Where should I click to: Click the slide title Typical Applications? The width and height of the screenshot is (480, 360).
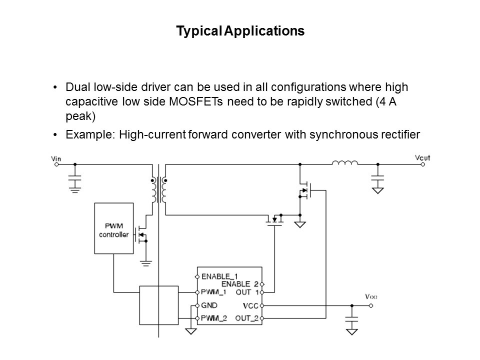[x=240, y=31]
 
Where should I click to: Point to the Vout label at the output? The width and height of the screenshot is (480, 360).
[x=422, y=158]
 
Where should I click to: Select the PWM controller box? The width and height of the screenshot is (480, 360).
[x=114, y=228]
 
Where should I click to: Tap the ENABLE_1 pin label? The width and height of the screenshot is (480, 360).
[x=219, y=276]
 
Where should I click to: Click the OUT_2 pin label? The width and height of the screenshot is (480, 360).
[x=247, y=318]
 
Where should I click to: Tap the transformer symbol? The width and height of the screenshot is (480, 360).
[x=158, y=190]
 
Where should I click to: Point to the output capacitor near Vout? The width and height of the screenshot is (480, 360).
[x=378, y=180]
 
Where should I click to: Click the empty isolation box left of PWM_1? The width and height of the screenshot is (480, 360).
[x=159, y=305]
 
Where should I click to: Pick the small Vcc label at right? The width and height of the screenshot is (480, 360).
[x=371, y=296]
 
